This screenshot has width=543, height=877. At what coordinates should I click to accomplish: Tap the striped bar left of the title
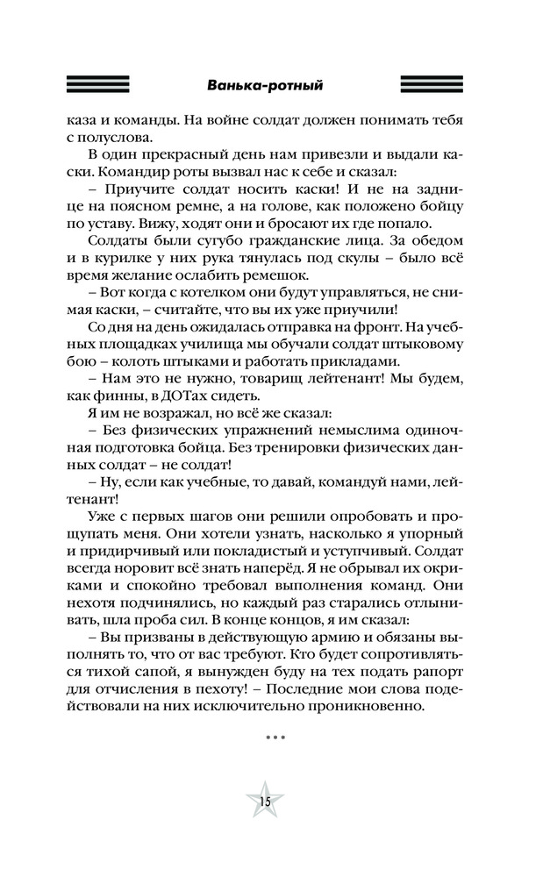[x=98, y=85]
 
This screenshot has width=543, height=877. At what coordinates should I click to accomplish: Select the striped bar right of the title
[x=437, y=85]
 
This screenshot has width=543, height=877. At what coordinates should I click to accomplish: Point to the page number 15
[x=263, y=802]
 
